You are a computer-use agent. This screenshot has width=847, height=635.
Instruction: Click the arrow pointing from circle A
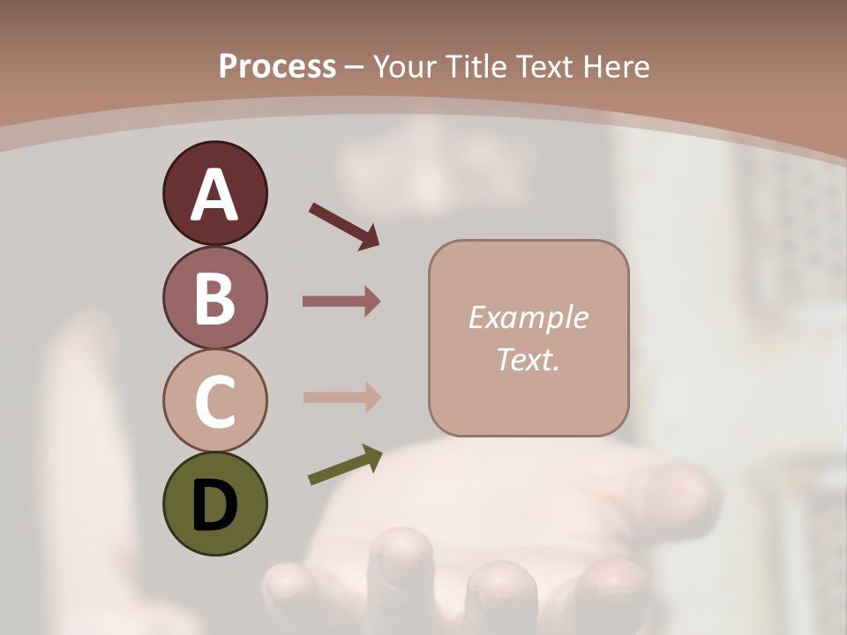[344, 225]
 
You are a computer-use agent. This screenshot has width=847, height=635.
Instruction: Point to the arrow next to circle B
[341, 302]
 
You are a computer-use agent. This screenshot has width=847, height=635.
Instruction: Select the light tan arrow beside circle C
[341, 397]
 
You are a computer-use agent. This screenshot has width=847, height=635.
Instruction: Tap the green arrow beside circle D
[345, 465]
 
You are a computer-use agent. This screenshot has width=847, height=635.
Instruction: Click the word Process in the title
[277, 66]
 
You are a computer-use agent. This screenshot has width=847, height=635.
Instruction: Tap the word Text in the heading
[545, 66]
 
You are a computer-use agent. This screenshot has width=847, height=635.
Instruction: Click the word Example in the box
[528, 317]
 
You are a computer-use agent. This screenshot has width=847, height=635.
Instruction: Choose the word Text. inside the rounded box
[528, 359]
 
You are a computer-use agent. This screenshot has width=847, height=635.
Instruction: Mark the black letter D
[214, 504]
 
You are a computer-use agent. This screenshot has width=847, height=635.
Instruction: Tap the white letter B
[214, 298]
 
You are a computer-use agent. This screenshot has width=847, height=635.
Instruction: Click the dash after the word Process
[355, 67]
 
